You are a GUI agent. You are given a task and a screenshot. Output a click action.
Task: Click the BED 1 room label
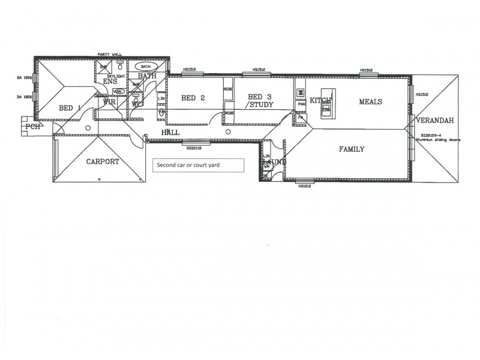(x=70, y=108)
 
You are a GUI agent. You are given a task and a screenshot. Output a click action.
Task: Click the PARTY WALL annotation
(x=109, y=55)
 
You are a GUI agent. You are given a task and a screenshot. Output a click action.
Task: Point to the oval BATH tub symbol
(x=148, y=67)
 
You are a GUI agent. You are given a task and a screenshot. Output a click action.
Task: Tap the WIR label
(x=109, y=102)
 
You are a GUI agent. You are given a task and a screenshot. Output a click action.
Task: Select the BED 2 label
(x=193, y=98)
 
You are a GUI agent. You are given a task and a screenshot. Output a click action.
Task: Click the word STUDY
(x=260, y=105)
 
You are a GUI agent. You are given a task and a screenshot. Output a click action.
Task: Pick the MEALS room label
(x=370, y=101)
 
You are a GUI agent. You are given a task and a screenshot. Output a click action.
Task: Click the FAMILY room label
(x=351, y=149)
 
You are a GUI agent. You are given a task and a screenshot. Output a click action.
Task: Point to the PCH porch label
(x=33, y=127)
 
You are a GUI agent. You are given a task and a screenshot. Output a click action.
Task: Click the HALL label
(x=170, y=132)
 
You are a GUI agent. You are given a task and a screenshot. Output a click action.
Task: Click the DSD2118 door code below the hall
(x=193, y=147)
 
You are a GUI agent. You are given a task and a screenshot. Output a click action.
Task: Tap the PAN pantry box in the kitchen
(x=301, y=104)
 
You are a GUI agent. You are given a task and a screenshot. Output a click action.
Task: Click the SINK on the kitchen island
(x=326, y=110)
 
